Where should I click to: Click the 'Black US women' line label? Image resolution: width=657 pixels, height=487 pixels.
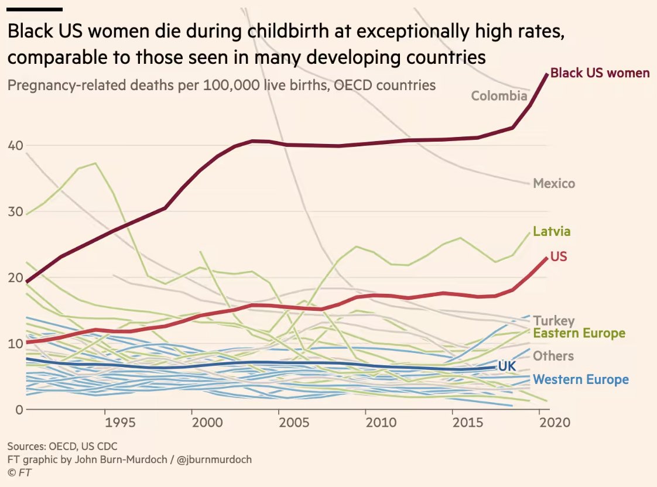[x=600, y=73]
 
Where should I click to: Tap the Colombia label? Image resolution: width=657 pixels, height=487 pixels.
[x=499, y=96]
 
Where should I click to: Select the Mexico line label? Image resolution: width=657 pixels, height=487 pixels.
[x=554, y=183]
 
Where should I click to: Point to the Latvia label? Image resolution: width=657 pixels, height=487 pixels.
[x=552, y=231]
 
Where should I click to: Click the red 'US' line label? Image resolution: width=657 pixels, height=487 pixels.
[x=559, y=256]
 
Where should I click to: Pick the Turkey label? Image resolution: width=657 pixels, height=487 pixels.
[x=553, y=321]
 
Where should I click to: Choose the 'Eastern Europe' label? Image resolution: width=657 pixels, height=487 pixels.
[x=579, y=333]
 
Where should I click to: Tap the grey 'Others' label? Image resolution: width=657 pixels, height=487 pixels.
[x=553, y=356]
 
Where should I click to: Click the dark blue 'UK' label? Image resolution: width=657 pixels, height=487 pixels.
[x=507, y=366]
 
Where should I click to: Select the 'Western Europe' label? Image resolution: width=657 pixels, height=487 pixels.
[x=581, y=379]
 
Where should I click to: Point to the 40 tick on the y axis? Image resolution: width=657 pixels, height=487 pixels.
[x=15, y=146]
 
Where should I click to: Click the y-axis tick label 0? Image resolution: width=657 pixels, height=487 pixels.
[x=19, y=410]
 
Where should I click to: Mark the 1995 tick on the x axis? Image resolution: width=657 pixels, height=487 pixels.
[x=120, y=422]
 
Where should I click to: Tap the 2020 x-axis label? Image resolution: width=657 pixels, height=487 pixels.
[x=555, y=422]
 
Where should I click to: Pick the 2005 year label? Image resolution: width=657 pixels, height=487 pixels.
[x=294, y=422]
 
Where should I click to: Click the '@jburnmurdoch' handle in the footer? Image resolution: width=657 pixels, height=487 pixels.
[x=214, y=459]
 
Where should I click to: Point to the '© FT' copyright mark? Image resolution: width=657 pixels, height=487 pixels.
[x=19, y=472]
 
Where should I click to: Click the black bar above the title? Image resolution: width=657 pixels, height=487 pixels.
[x=35, y=9]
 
